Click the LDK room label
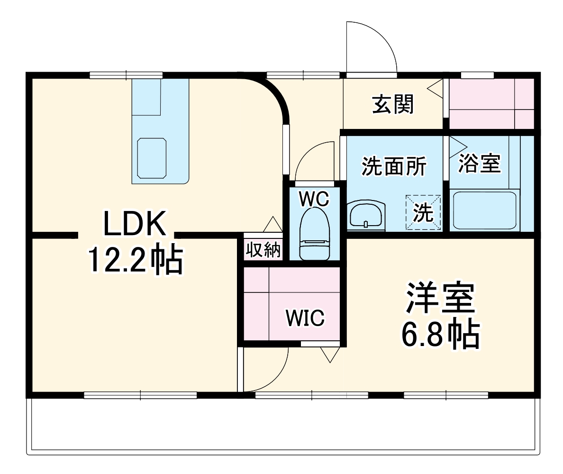coord(135,224)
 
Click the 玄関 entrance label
coord(392,104)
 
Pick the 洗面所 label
coord(394,166)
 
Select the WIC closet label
coord(305,318)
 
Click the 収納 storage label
coord(263,250)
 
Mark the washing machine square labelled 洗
coord(423,212)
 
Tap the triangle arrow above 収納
coord(273,224)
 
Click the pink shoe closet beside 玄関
coord(491,103)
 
